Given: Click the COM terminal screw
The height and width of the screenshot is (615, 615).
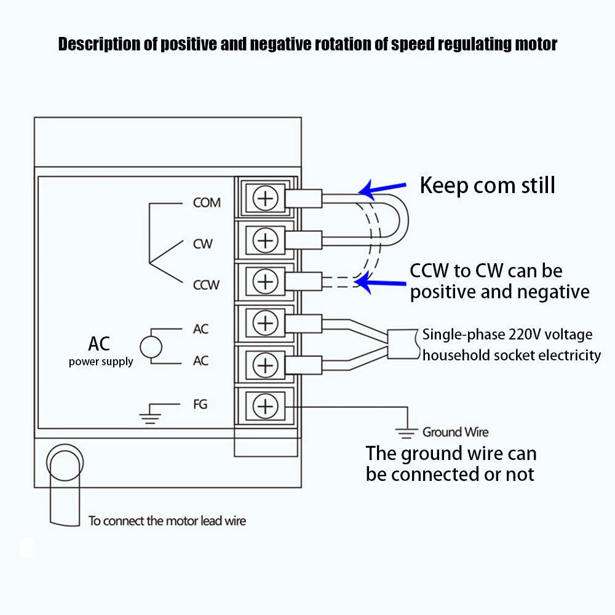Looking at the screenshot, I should [266, 199].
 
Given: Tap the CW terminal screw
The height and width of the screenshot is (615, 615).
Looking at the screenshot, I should [266, 240].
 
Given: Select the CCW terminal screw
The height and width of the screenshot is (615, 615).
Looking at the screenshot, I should [266, 281].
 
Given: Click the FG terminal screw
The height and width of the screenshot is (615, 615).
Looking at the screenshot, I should [266, 406].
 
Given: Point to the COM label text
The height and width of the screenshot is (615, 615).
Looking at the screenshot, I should [207, 202].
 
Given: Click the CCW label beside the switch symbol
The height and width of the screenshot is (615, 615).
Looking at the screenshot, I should [207, 285].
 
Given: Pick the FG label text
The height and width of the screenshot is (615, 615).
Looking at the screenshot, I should [200, 404].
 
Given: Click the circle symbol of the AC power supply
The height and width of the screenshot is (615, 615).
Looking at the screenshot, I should [151, 346].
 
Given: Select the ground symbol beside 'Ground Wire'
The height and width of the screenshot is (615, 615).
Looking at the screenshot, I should [405, 432].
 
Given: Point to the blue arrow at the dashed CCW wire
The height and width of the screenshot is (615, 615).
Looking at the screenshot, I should [381, 283].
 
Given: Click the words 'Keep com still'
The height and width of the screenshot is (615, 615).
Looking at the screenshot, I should [487, 185].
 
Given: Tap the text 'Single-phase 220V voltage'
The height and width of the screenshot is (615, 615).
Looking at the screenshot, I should [507, 335].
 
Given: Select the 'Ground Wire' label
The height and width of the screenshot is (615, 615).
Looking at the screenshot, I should [455, 432].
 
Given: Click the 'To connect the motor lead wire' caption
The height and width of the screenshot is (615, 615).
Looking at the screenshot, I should [167, 521].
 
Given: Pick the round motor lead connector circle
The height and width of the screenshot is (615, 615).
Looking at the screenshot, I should [65, 462].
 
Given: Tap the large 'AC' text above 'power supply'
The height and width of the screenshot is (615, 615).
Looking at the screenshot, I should [99, 343].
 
